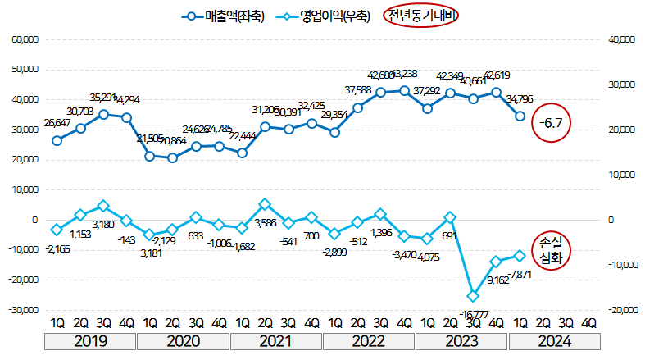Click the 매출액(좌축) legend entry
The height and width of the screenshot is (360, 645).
point(225,16)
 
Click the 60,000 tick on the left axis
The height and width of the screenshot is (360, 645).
point(24,39)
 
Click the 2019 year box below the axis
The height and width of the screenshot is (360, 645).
point(91,342)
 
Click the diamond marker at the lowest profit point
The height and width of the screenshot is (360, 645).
point(473,296)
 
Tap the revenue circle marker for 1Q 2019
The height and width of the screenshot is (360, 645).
point(57,140)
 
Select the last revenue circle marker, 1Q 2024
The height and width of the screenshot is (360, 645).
point(520,116)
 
